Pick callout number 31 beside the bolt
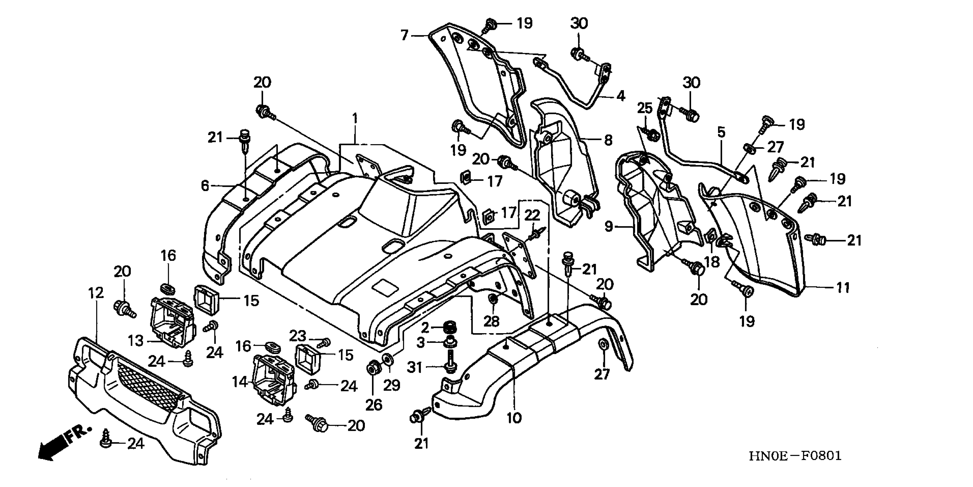point(414,367)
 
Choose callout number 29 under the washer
point(392,385)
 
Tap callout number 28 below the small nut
point(491,321)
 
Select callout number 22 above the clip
point(532,215)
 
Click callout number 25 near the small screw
point(645,108)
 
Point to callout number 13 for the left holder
point(136,341)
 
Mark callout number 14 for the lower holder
point(240,382)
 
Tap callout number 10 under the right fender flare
point(514,418)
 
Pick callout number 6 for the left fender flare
point(205,186)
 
